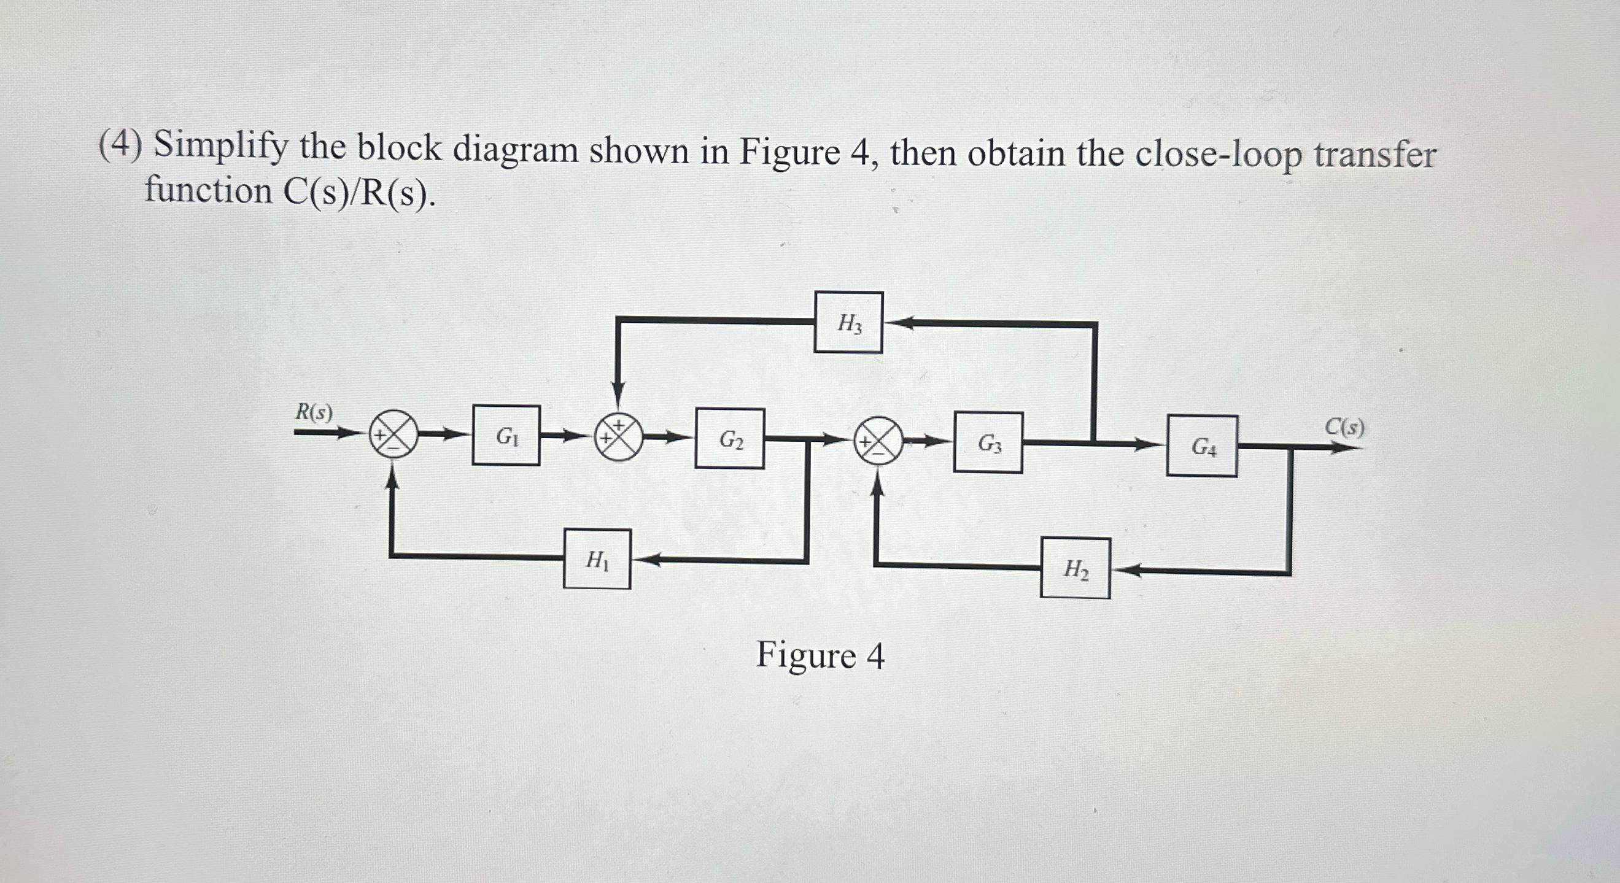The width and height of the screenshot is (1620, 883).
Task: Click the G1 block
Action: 506,435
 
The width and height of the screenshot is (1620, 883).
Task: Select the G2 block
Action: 729,438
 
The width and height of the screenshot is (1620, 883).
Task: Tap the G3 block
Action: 988,442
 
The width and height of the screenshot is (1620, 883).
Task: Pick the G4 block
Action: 1202,446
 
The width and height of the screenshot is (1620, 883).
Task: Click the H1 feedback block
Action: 597,559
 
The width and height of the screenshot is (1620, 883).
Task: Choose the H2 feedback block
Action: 1075,568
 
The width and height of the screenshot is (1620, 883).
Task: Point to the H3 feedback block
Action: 848,322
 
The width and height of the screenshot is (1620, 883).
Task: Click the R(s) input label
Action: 314,412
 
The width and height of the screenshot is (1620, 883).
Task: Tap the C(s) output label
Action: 1344,427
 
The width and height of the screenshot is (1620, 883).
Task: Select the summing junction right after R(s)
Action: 393,434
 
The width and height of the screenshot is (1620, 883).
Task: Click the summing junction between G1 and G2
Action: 619,437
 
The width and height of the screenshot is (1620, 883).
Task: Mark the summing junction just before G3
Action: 878,442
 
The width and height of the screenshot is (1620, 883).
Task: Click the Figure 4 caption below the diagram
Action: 820,655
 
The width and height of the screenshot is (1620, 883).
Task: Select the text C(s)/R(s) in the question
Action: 358,192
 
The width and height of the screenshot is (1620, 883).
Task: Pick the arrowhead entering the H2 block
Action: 1123,571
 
